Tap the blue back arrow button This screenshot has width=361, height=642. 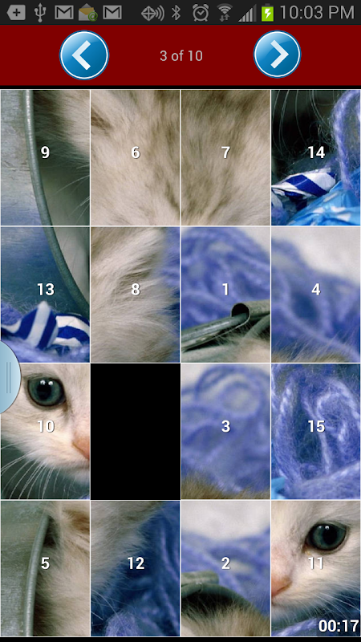[84, 55]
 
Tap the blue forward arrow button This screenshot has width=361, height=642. [277, 55]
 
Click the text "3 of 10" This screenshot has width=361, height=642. [181, 56]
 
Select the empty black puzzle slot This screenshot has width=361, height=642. [135, 432]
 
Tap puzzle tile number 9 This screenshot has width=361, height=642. [45, 157]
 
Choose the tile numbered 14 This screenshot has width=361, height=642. [316, 157]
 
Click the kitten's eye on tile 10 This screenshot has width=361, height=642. [46, 391]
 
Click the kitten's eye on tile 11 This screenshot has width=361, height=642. [327, 535]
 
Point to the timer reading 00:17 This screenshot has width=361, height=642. [339, 626]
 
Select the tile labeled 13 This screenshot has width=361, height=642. [45, 295]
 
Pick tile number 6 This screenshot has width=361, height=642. [135, 157]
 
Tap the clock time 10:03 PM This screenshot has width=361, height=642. [317, 13]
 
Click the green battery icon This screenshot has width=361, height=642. [267, 14]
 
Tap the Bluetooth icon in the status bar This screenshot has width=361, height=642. [176, 13]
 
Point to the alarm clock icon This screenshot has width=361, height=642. [201, 13]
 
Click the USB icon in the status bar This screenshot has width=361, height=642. [39, 13]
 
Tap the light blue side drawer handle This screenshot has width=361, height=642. [9, 376]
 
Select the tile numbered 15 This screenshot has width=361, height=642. [316, 432]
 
